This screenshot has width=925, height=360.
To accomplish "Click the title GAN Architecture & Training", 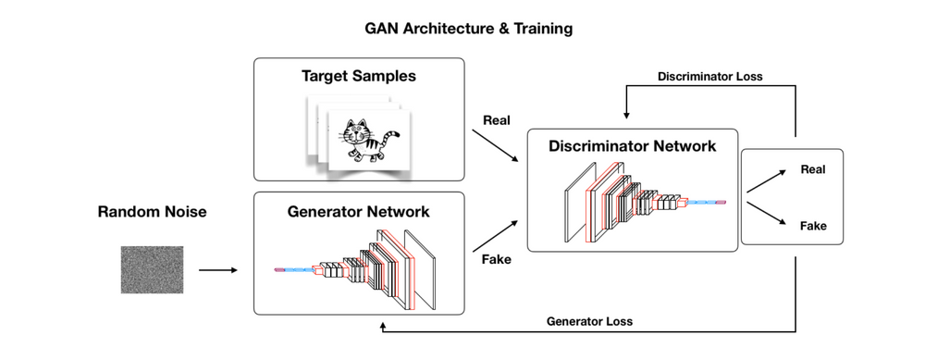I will click(x=468, y=28).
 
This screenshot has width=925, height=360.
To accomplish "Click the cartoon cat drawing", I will click(x=364, y=141).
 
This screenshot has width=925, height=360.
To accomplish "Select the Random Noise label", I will click(x=152, y=212).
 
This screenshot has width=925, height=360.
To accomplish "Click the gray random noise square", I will click(x=152, y=269).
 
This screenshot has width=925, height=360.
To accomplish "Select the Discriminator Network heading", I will click(x=632, y=145).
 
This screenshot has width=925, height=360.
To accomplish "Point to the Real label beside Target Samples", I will click(x=496, y=121).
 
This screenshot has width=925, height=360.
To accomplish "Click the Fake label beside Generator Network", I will click(x=496, y=259).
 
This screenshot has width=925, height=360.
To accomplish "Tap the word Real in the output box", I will click(x=812, y=169).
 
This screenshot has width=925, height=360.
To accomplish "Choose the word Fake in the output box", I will click(x=812, y=225).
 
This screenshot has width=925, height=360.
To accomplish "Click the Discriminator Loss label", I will click(x=710, y=77).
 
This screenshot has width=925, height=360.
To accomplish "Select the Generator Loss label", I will click(x=589, y=321).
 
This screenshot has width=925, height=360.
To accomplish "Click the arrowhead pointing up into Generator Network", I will click(x=381, y=326).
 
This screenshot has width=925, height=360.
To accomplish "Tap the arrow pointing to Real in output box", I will click(x=764, y=180).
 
